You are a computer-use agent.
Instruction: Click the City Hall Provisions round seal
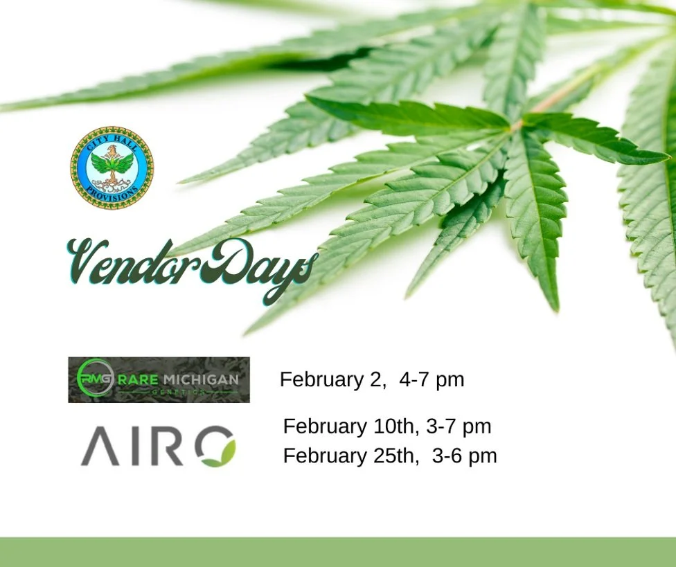(112, 168)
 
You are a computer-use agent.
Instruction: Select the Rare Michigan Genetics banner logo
(159, 379)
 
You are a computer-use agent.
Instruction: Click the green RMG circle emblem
(94, 378)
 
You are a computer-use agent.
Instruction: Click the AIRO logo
(158, 446)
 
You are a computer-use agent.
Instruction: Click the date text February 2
(332, 379)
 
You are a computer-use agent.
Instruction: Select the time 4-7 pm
(432, 379)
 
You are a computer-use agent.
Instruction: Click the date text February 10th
(350, 426)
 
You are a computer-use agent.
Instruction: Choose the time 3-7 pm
(459, 426)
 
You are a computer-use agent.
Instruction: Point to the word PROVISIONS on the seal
(112, 195)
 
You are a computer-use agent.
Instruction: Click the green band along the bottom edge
(338, 552)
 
